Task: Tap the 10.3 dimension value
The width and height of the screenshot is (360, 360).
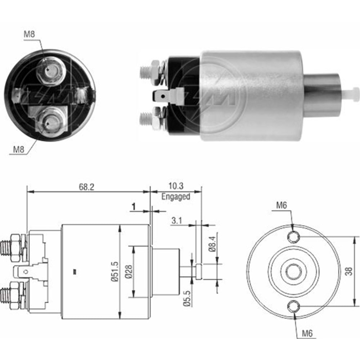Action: coord(176,186)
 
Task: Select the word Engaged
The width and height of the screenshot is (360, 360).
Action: coord(176,197)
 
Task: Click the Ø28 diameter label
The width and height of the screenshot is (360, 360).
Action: coord(129,272)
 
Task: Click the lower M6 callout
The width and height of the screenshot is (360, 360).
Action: coord(306,334)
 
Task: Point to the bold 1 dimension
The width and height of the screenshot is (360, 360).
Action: coord(134,207)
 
